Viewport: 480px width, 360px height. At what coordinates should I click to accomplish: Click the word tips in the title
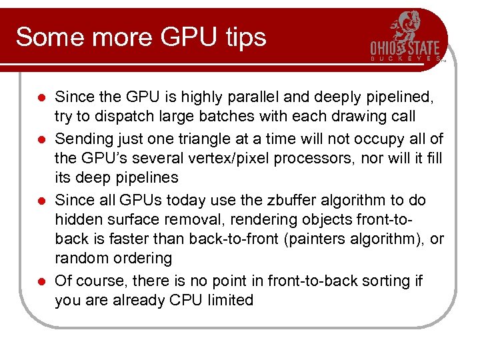(243, 37)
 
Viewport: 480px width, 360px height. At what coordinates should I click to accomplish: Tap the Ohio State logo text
(405, 48)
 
